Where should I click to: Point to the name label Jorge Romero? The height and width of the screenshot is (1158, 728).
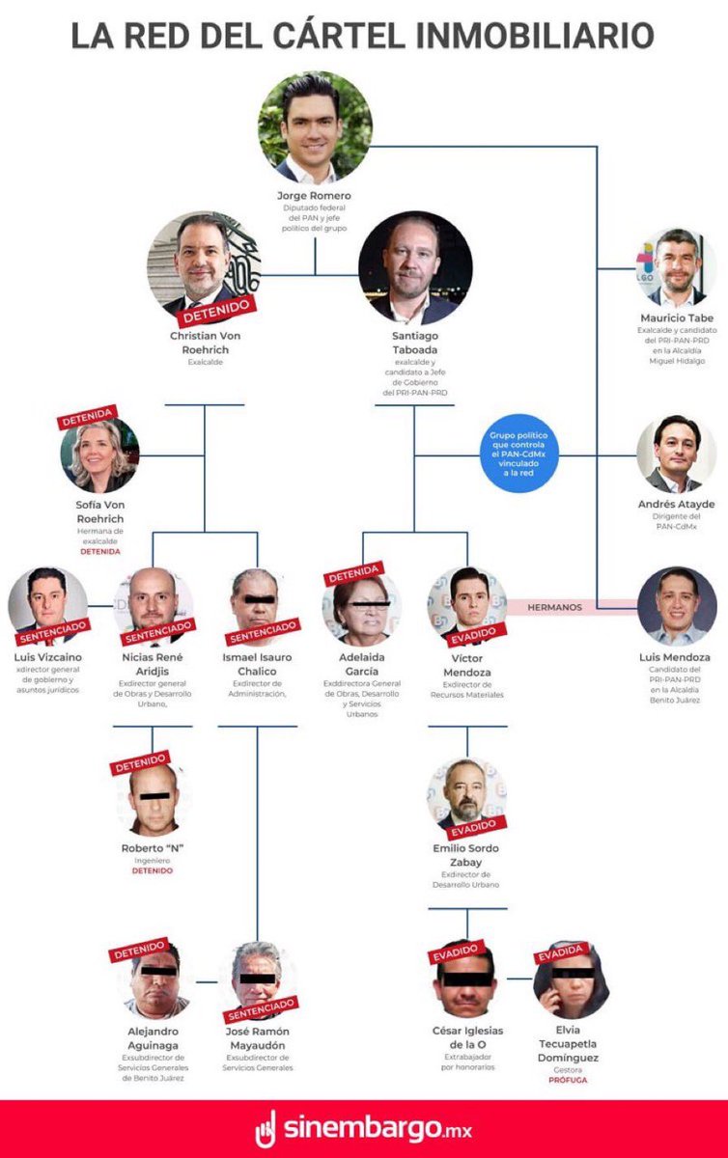coord(314,196)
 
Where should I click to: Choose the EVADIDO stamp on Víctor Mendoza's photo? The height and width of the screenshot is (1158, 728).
coord(473,633)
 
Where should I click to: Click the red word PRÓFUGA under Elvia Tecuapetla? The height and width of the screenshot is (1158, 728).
coord(568,1080)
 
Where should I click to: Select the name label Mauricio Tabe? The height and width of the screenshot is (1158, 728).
coord(677,318)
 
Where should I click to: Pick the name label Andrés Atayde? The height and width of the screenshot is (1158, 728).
coord(677,504)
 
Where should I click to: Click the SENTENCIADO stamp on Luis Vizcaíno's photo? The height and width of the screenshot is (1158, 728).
coord(54,631)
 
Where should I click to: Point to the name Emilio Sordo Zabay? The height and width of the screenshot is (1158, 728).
coord(466,855)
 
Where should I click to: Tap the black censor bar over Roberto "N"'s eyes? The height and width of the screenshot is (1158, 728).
coord(153,796)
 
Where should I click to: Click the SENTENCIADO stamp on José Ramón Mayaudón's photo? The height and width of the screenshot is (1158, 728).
coord(260,1009)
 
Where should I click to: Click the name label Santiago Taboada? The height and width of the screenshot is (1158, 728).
coord(414,342)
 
